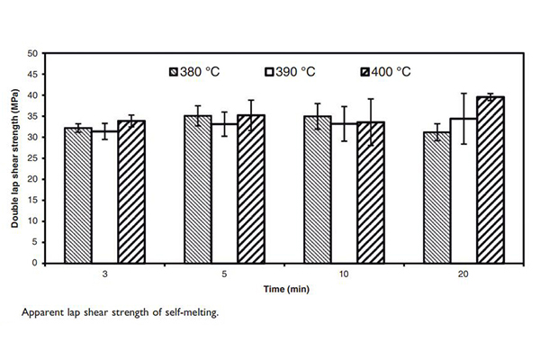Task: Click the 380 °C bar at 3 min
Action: pyautogui.click(x=78, y=195)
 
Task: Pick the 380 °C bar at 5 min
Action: pyautogui.click(x=198, y=189)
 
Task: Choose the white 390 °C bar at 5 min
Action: pyautogui.click(x=224, y=193)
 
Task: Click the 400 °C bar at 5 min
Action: pyautogui.click(x=251, y=189)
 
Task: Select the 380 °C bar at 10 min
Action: pyautogui.click(x=318, y=190)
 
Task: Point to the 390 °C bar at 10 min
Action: pyautogui.click(x=344, y=193)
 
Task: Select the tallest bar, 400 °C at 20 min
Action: pyautogui.click(x=490, y=180)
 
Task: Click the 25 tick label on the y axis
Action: pyautogui.click(x=32, y=158)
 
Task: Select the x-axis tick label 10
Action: pyautogui.click(x=344, y=273)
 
